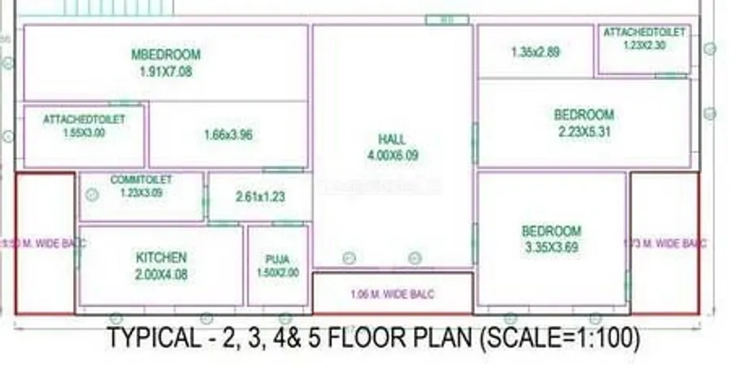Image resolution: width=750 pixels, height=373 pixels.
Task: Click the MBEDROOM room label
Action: coord(165,55)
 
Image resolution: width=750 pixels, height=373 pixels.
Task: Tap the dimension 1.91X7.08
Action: coord(165,71)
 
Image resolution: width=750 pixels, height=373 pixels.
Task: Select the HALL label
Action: coord(392,140)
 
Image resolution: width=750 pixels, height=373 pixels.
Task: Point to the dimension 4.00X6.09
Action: coord(392,156)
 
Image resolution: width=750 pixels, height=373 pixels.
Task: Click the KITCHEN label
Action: coord(161,258)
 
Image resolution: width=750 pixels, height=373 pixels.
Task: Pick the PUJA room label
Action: coord(277,260)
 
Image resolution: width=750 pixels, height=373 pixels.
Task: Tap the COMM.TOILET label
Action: coord(141,180)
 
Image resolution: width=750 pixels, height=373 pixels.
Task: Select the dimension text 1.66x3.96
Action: coord(228,135)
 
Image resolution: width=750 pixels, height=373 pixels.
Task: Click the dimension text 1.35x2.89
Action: coord(535,52)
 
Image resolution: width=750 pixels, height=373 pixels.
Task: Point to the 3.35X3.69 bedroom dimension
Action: coord(551,248)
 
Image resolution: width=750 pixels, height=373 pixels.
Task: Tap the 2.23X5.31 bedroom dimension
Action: coord(584,132)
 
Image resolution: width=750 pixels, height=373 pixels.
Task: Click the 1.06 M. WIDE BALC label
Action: coord(392,294)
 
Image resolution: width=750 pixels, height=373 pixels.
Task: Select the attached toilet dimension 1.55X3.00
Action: coord(84,133)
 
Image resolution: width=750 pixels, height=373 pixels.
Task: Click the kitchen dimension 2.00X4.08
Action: coord(161,275)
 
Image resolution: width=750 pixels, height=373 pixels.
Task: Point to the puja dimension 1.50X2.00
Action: coord(277,272)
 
